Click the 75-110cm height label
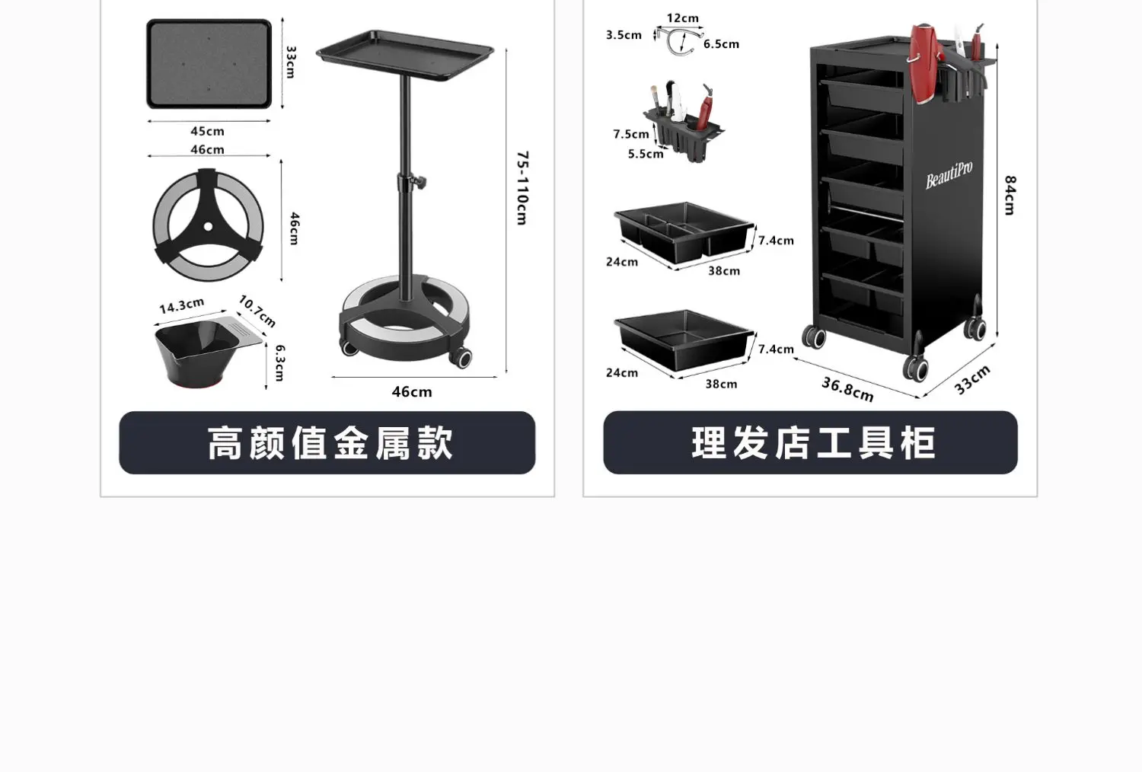pyautogui.click(x=522, y=187)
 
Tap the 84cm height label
pyautogui.click(x=1010, y=195)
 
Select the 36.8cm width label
pyautogui.click(x=847, y=388)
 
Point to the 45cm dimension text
pyautogui.click(x=207, y=132)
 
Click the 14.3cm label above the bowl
pyautogui.click(x=181, y=305)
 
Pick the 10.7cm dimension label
pyautogui.click(x=257, y=311)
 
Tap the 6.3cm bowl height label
pyautogui.click(x=280, y=362)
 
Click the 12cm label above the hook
pyautogui.click(x=682, y=18)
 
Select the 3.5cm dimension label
pyautogui.click(x=624, y=35)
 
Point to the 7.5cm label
pyautogui.click(x=631, y=135)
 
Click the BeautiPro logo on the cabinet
pyautogui.click(x=949, y=176)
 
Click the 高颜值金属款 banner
pyautogui.click(x=327, y=442)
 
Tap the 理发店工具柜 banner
pyautogui.click(x=811, y=442)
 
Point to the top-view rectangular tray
pyautogui.click(x=209, y=64)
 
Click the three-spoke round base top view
pyautogui.click(x=209, y=225)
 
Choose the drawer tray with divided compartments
pyautogui.click(x=684, y=231)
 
